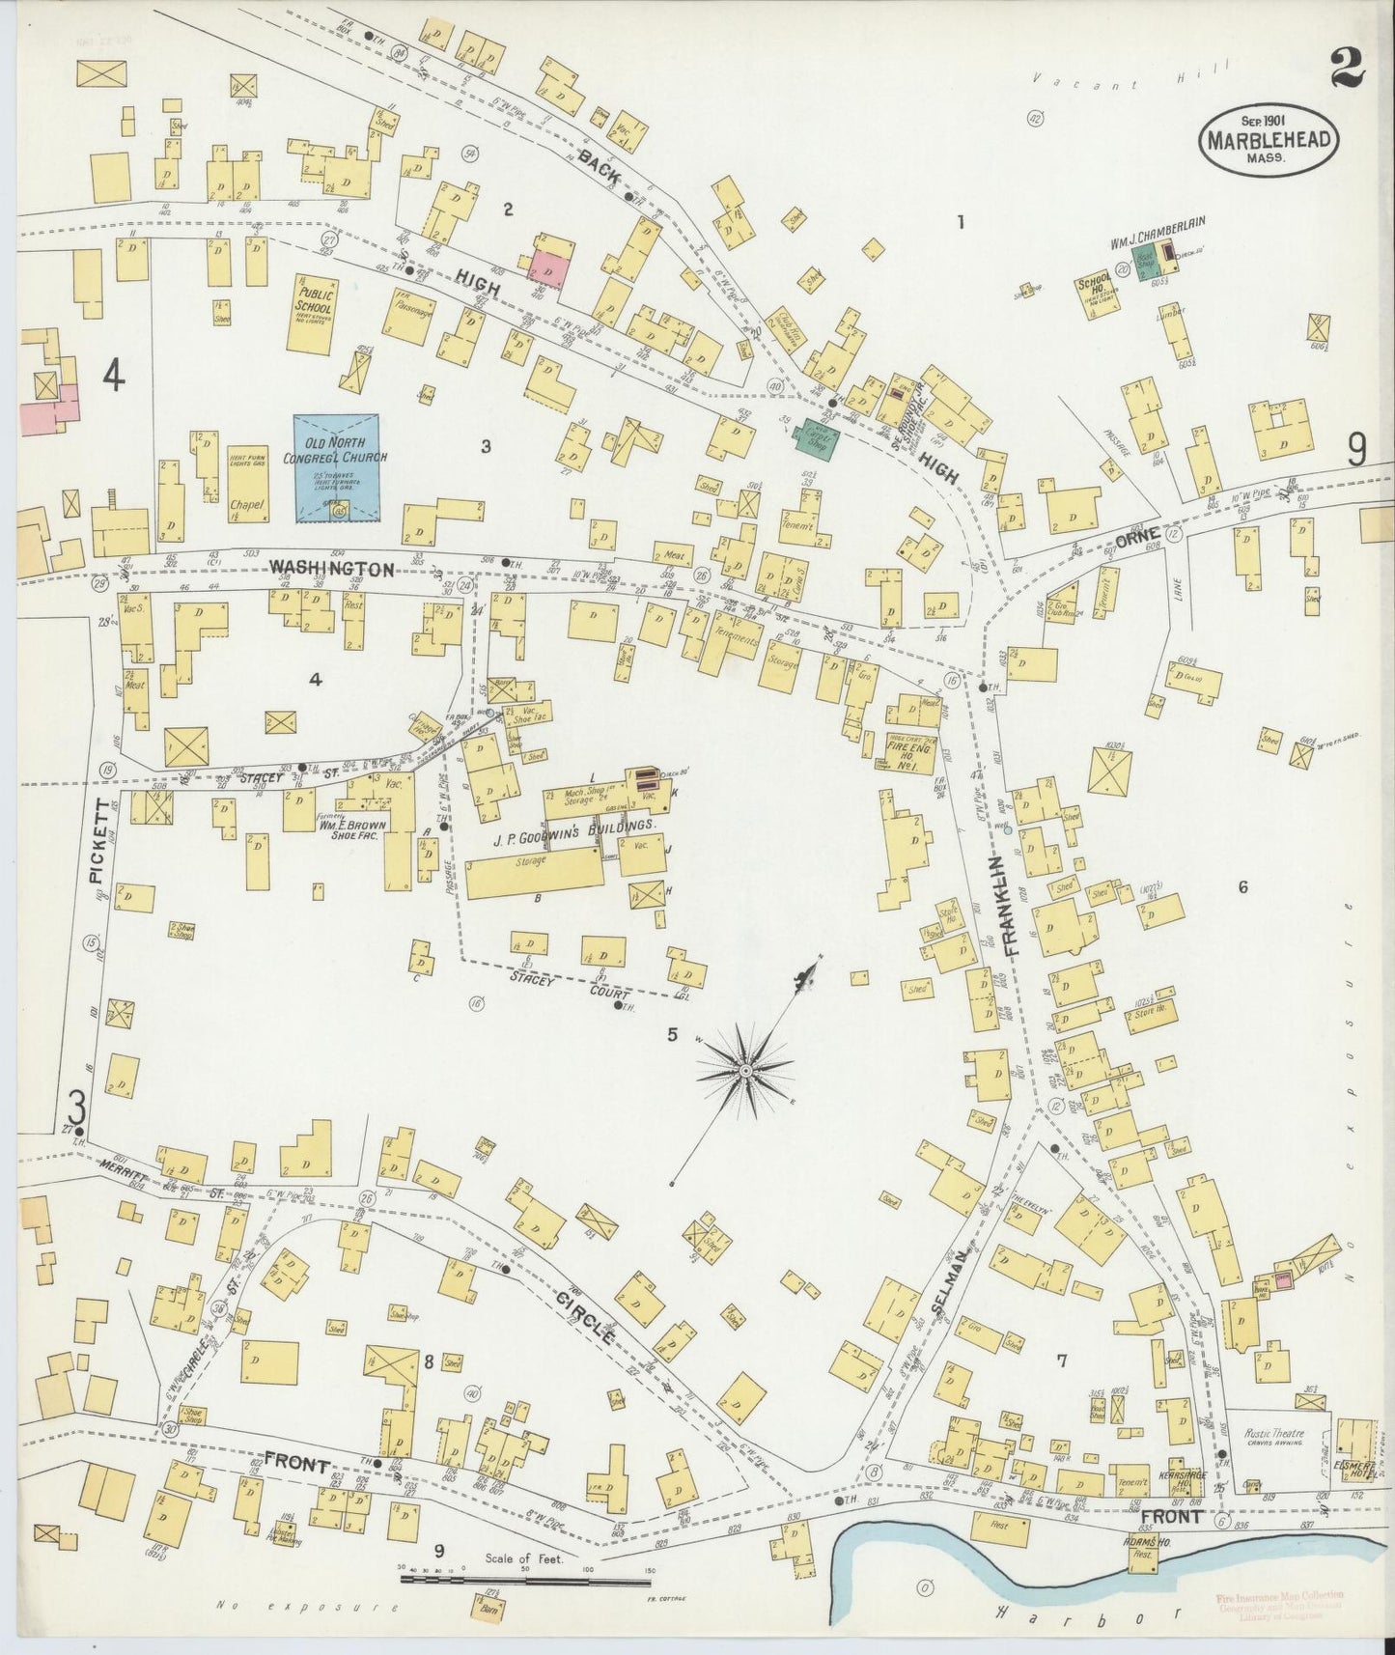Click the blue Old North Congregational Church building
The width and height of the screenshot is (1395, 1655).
point(336,468)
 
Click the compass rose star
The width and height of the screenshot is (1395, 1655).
point(746,1071)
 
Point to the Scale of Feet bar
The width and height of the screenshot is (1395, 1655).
point(525,1581)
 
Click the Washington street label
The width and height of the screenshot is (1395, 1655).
point(331,569)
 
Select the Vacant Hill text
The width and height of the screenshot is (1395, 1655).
point(1130,78)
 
